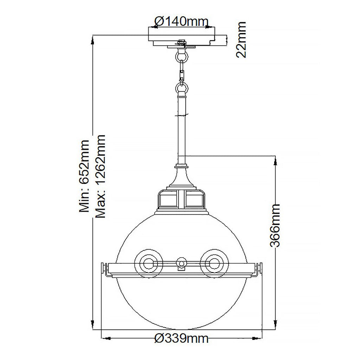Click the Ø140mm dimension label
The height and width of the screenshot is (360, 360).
click(181, 21)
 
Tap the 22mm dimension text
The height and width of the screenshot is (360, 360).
click(241, 40)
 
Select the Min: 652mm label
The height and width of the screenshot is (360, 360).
click(84, 176)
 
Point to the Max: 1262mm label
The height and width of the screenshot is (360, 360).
click(100, 176)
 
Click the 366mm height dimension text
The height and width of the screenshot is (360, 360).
click(275, 225)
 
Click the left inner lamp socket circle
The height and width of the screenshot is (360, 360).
click(148, 263)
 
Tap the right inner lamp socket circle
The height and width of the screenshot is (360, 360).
click(214, 263)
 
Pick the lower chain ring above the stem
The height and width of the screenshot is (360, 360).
click(182, 88)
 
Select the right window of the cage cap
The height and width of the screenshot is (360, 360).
click(194, 199)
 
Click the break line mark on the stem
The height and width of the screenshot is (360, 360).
click(181, 115)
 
